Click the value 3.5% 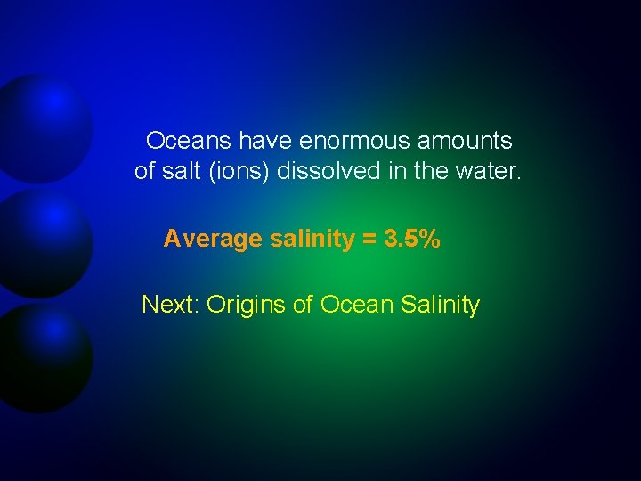[412, 239]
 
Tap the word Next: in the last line [171, 305]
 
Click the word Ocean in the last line [357, 305]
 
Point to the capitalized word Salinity [441, 306]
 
